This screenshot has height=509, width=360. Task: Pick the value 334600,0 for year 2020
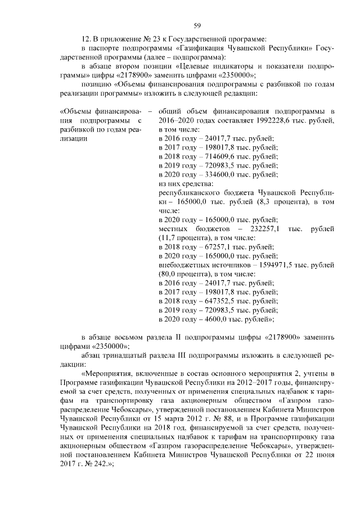coord(214,175)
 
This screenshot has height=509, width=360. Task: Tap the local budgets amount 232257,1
coord(268,229)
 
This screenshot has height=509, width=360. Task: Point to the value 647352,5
coord(214,301)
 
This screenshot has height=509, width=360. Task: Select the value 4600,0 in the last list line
coord(211,319)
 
